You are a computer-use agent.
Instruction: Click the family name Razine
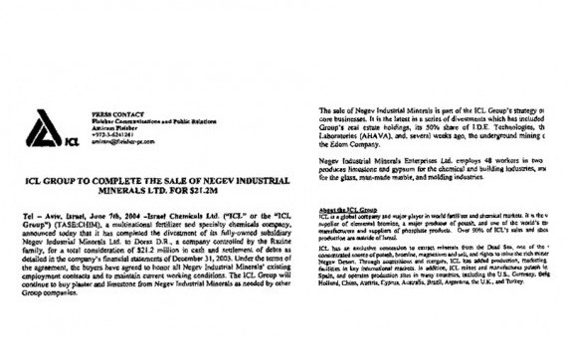coord(257,241)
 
